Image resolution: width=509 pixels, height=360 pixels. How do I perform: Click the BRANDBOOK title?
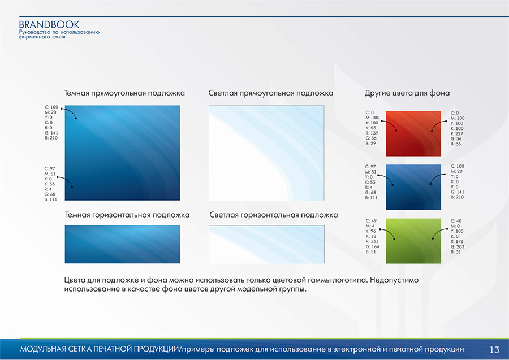[x=49, y=25]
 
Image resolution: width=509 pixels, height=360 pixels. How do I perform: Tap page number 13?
[x=494, y=350]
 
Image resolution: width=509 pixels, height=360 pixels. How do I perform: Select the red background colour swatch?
[x=413, y=133]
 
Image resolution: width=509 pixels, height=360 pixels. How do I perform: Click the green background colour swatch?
[x=413, y=241]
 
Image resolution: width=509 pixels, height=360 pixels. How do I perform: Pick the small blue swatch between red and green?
[x=413, y=187]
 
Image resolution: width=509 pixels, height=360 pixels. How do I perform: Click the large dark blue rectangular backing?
[x=122, y=153]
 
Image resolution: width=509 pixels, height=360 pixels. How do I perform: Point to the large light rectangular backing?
[x=266, y=153]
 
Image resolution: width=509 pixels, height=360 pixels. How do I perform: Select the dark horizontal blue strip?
[x=122, y=244]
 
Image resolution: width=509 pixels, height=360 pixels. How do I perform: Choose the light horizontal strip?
[x=266, y=244]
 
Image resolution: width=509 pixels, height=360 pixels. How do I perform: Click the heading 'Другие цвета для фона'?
[x=407, y=93]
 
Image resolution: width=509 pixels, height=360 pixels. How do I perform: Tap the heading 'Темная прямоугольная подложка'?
[x=124, y=93]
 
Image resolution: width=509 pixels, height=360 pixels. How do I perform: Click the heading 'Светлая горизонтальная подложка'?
[x=273, y=215]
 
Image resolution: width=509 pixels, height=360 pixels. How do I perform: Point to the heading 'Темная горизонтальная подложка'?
[x=127, y=215]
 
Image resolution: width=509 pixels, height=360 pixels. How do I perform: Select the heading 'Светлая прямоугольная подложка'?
[x=270, y=93]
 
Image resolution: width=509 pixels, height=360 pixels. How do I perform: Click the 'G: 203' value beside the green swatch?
[x=458, y=246]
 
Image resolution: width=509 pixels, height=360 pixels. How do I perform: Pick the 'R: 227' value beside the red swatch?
[x=457, y=133]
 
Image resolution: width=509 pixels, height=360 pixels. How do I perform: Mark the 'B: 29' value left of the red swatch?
[x=370, y=144]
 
